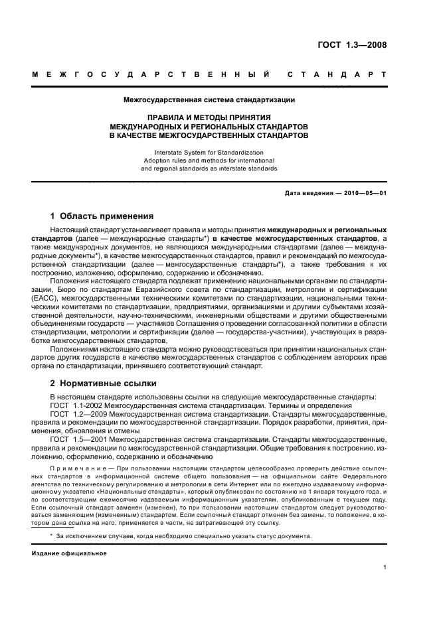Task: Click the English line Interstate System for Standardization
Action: (209, 152)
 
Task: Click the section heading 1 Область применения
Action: (102, 216)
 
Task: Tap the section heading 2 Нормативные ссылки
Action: (104, 383)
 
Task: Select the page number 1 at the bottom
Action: (385, 567)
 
